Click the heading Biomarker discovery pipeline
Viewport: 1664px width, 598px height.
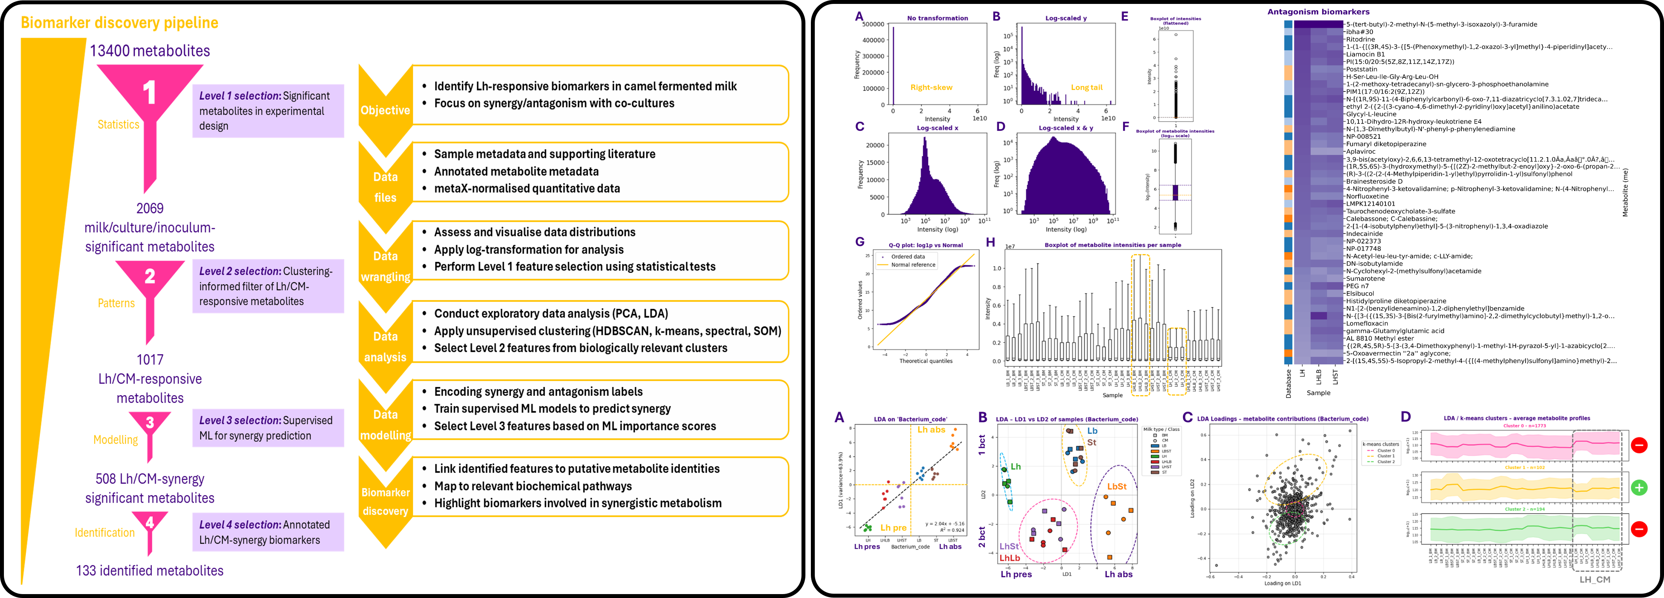(x=120, y=23)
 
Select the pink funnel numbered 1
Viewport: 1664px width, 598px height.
(x=150, y=97)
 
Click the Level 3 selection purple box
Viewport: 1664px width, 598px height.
(x=268, y=428)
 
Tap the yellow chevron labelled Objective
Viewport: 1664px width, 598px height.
(x=385, y=110)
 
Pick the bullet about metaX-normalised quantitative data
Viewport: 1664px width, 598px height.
(x=527, y=188)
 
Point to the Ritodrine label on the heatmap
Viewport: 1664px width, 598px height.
(x=1360, y=39)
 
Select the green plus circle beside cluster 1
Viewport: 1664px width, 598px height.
(x=1639, y=487)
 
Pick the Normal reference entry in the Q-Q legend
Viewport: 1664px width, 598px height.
(x=913, y=265)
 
